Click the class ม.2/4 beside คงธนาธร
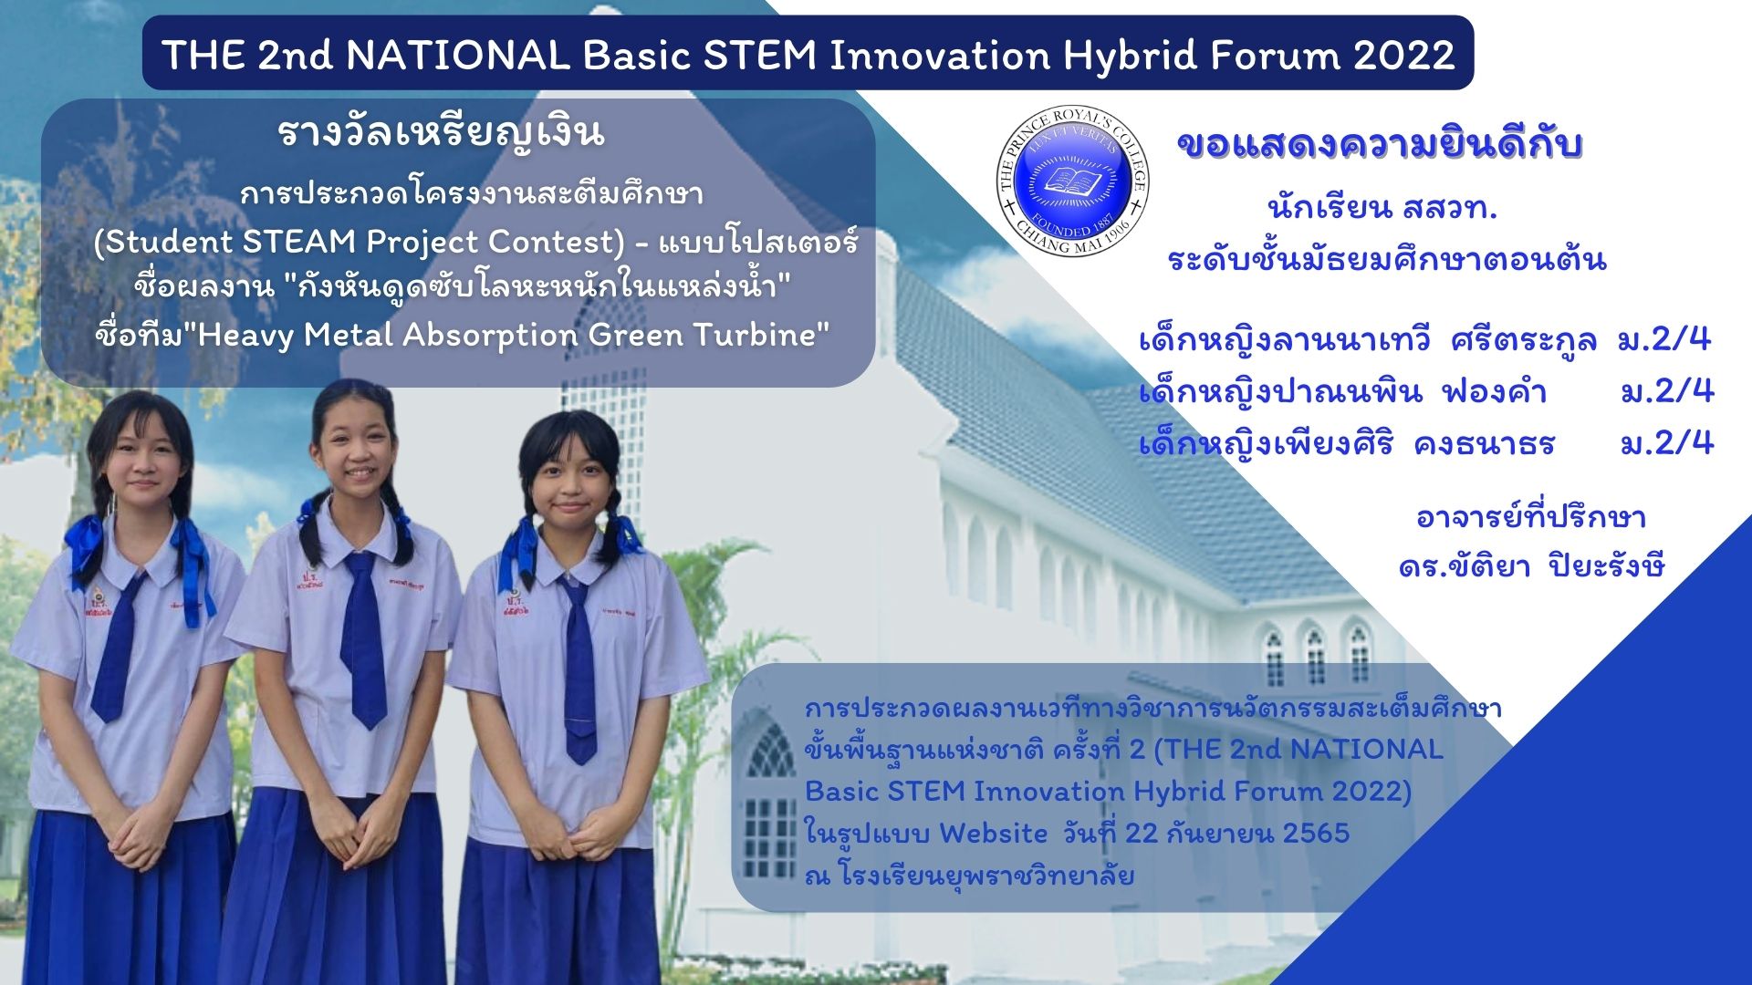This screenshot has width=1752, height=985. click(1667, 443)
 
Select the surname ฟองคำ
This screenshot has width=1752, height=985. click(1494, 392)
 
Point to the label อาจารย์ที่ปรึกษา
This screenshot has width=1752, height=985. click(1530, 518)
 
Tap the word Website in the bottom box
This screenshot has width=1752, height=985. click(994, 834)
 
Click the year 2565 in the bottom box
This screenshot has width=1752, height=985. click(1316, 834)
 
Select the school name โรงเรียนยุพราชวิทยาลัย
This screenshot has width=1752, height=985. click(985, 876)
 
